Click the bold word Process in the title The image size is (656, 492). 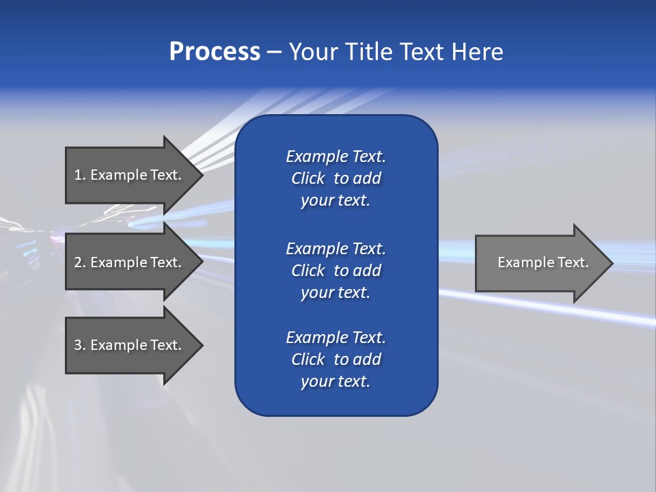coord(215,52)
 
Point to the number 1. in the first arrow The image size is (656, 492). coord(80,175)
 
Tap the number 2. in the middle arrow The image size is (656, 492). coord(80,262)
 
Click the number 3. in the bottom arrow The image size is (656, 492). coord(80,345)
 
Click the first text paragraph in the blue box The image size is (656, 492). coord(336,178)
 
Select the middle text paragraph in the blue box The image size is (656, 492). coord(336,271)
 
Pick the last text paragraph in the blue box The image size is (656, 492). coord(336,359)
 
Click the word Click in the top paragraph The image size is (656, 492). coord(308,178)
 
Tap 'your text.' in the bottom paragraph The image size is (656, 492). coord(336,381)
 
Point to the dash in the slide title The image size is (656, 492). coord(275,52)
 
